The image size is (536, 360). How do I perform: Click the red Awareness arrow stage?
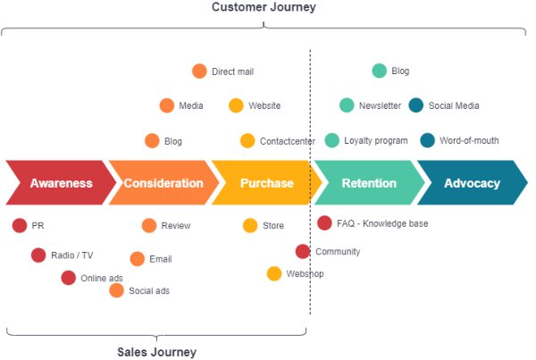point(60,183)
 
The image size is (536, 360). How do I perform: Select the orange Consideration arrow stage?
point(163,183)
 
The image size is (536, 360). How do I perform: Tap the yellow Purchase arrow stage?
point(265,183)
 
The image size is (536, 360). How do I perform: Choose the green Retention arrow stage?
point(368,183)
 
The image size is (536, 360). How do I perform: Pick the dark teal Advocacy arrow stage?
point(472,183)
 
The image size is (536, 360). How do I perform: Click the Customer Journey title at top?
point(264,8)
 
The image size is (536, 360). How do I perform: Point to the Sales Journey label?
point(156,352)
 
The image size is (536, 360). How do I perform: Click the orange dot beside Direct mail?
point(199,71)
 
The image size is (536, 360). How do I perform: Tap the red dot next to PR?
point(20,226)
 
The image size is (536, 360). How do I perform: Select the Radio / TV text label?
point(71,255)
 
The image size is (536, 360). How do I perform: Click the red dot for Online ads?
point(69,278)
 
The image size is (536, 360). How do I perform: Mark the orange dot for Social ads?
point(117,290)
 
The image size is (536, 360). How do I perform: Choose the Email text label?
point(160,259)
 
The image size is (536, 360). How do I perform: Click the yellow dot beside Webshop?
point(274,273)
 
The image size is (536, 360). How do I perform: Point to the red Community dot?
point(303,252)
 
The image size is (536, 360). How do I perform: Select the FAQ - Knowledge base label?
point(381,223)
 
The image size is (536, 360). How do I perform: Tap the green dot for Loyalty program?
point(332,140)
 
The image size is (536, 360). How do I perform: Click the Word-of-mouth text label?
point(469,140)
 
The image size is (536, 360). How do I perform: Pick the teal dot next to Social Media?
point(416,105)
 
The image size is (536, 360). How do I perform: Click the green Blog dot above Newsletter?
point(380,71)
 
